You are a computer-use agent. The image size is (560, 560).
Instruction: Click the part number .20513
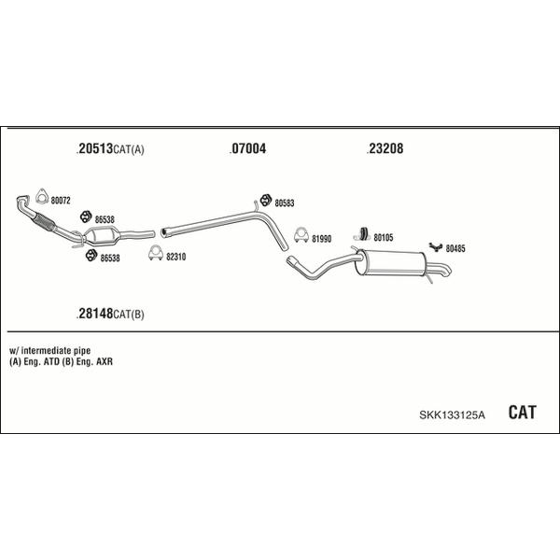94,148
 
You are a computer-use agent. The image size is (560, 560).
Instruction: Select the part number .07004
248,148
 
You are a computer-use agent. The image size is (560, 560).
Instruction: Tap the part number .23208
385,148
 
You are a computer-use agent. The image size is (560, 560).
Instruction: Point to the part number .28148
94,314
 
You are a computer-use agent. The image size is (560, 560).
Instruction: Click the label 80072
61,201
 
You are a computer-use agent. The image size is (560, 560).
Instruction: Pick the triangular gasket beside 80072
42,196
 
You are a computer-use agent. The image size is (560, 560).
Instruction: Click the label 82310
176,257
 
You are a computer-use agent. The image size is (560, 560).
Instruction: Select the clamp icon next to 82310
156,253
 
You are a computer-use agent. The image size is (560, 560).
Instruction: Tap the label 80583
285,203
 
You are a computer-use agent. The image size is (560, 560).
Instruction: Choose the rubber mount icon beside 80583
265,200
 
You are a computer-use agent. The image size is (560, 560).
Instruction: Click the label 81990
321,239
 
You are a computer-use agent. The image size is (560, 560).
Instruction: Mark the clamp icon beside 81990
301,234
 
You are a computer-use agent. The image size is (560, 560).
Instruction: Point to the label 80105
384,237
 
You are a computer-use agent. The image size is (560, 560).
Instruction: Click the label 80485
455,248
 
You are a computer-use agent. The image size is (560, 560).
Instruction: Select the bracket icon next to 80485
436,246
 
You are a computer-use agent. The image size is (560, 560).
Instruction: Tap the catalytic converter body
102,236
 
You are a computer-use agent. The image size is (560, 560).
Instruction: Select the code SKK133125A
452,414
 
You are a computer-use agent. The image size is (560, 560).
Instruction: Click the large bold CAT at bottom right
522,413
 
